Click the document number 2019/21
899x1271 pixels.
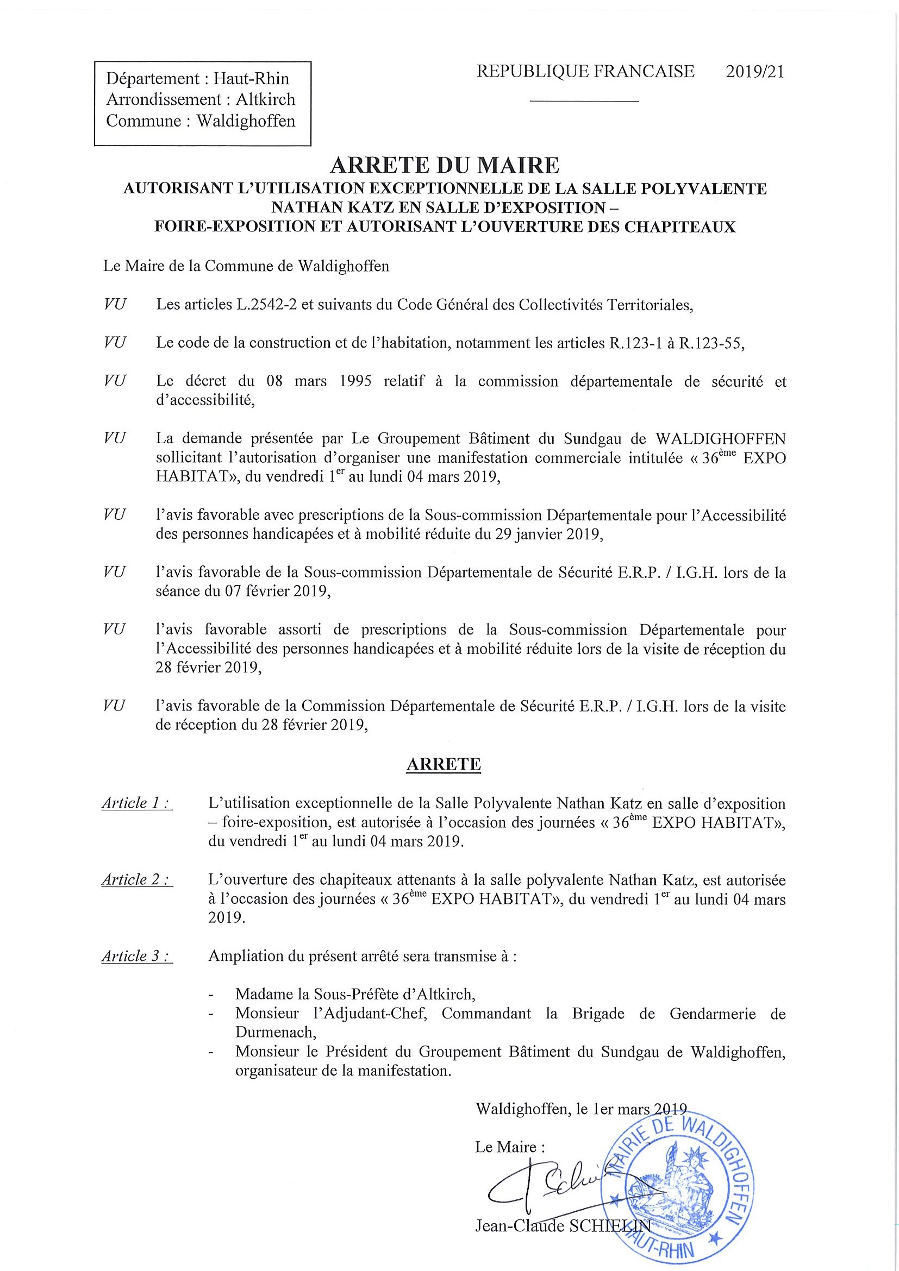pyautogui.click(x=755, y=72)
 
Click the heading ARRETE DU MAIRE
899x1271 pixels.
pyautogui.click(x=444, y=165)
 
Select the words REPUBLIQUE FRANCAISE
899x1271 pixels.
pyautogui.click(x=585, y=72)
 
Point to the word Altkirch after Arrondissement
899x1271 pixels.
pyautogui.click(x=265, y=99)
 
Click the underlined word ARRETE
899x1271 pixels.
pyautogui.click(x=444, y=764)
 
